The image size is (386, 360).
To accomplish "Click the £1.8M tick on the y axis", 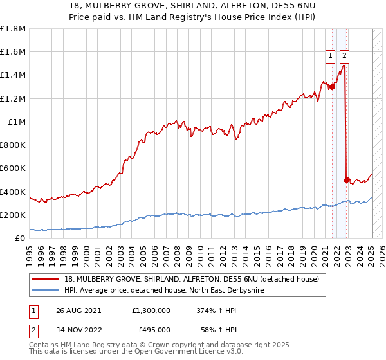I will coord(13,29).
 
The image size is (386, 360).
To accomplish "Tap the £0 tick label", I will coord(20,238).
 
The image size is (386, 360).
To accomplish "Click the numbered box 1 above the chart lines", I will coord(330,56).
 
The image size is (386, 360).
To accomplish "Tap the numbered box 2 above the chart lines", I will coord(344,56).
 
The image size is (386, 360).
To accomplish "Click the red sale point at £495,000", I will coord(347,181).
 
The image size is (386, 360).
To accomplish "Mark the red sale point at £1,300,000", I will coord(333,87).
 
